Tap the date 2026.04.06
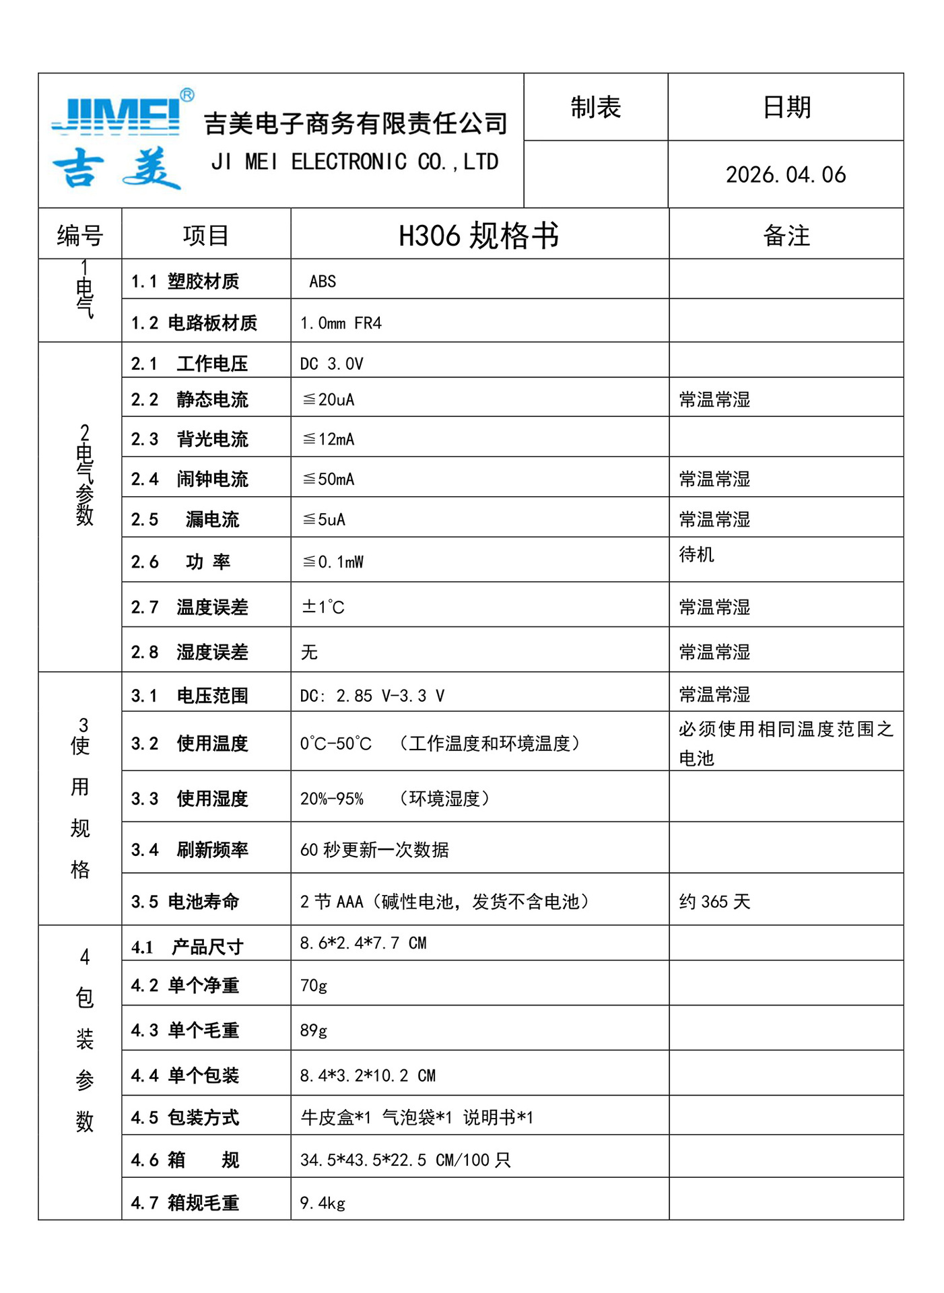point(785,175)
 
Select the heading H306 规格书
point(479,236)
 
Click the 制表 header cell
point(595,108)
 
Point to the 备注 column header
point(786,236)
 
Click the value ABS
point(323,281)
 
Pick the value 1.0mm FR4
point(341,323)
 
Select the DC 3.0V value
point(331,364)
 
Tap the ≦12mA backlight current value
point(329,439)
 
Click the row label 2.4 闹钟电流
point(190,479)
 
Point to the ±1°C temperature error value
point(323,607)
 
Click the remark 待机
point(696,554)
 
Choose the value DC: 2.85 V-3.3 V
point(372,696)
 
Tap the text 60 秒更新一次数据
point(374,850)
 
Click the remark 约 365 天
point(714,902)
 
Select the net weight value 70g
point(314,986)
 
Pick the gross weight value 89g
point(314,1030)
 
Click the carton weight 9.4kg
point(323,1203)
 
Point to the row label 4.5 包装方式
point(185,1118)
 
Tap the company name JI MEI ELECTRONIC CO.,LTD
point(355,162)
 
